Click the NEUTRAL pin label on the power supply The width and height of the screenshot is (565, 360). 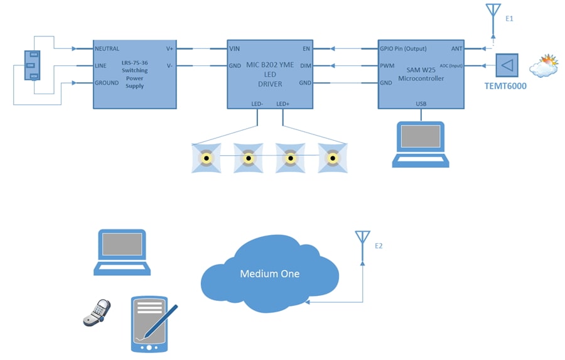[107, 48]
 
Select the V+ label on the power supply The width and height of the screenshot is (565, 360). [169, 48]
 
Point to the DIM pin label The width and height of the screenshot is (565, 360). [305, 65]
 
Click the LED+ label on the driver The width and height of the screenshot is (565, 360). [282, 104]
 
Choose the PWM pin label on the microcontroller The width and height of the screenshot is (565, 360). [387, 65]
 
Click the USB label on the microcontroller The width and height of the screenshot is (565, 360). [421, 104]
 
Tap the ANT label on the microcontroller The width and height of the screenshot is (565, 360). [456, 48]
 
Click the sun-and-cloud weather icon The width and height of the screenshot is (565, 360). [543, 65]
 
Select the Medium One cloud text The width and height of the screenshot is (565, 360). [270, 274]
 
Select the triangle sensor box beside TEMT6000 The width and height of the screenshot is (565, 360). [507, 65]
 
